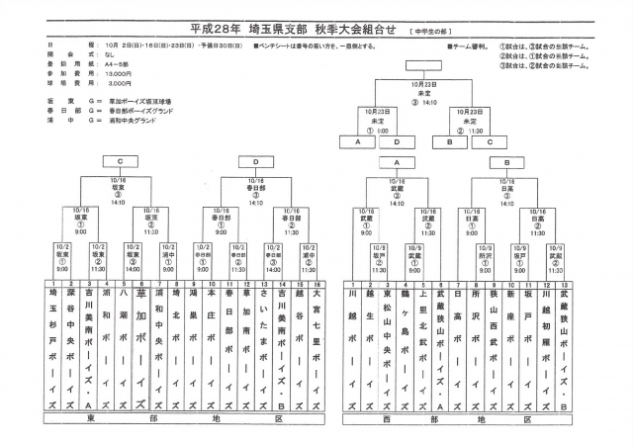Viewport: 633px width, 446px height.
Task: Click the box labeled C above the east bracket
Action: (x=120, y=160)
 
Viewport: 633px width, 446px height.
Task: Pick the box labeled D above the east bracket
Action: (x=255, y=160)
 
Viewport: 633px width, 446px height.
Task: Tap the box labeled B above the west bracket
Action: (x=506, y=160)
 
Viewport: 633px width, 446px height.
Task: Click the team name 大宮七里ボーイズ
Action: (x=316, y=346)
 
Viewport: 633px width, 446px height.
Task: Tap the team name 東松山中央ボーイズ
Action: (x=388, y=346)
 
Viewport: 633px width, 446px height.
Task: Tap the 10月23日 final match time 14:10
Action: (x=428, y=103)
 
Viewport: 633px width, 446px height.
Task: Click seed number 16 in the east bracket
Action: (x=316, y=281)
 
